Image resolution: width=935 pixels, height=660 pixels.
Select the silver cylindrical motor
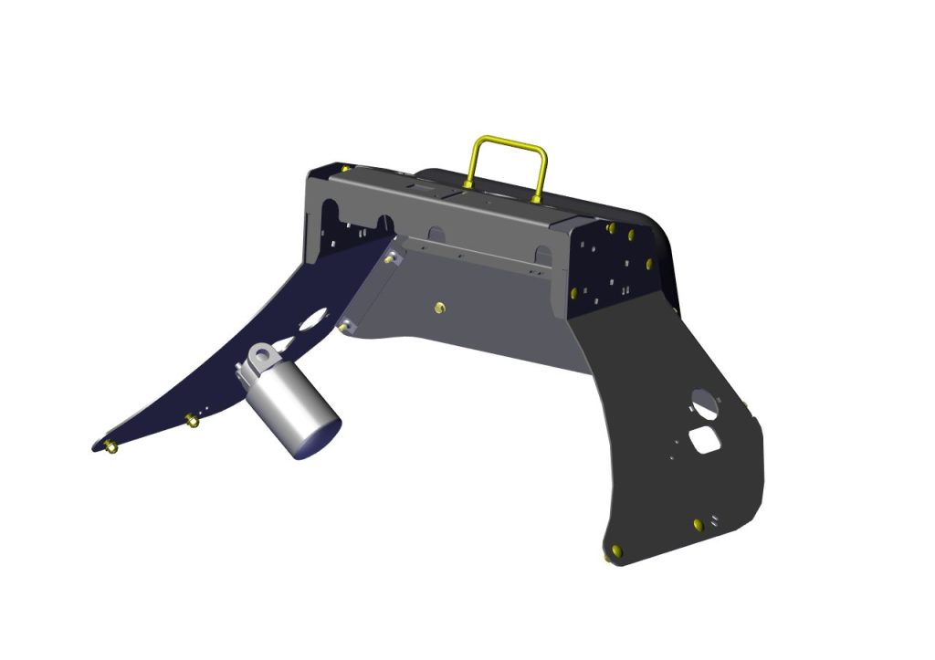coord(293,407)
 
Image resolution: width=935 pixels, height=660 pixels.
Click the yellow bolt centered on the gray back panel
coord(439,308)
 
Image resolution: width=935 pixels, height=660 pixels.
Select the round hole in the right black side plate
coord(703,400)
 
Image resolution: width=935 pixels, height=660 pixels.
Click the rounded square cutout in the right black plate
coord(707,439)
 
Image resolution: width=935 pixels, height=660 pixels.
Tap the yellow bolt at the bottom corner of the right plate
coord(615,551)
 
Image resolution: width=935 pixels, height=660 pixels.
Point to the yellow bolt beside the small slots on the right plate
coord(699,524)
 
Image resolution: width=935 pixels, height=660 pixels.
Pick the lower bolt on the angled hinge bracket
coord(345,324)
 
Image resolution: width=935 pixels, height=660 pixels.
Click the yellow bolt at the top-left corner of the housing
coord(345,168)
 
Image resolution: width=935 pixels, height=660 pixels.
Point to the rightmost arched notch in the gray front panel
coord(542,253)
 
